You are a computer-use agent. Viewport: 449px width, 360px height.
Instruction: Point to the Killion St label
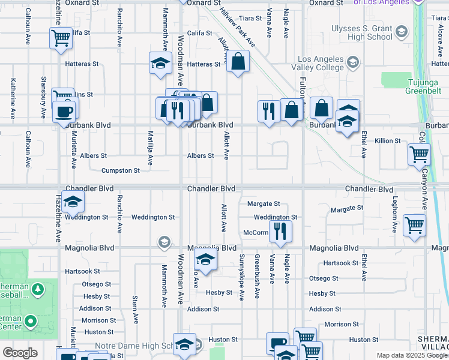pyautogui.click(x=388, y=140)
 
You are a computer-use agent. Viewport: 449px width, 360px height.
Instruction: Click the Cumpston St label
pyautogui.click(x=120, y=170)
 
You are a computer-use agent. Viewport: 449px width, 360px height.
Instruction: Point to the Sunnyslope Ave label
pyautogui.click(x=242, y=277)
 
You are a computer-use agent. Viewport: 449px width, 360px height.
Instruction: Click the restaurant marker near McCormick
pyautogui.click(x=280, y=230)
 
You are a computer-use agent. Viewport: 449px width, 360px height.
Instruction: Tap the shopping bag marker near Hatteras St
pyautogui.click(x=238, y=61)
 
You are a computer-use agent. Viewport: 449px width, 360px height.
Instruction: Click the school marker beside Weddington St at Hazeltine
pyautogui.click(x=73, y=202)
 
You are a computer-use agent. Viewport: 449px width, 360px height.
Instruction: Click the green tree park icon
pyautogui.click(x=38, y=290)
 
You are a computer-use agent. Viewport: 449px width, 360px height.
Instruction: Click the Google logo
pyautogui.click(x=20, y=353)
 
